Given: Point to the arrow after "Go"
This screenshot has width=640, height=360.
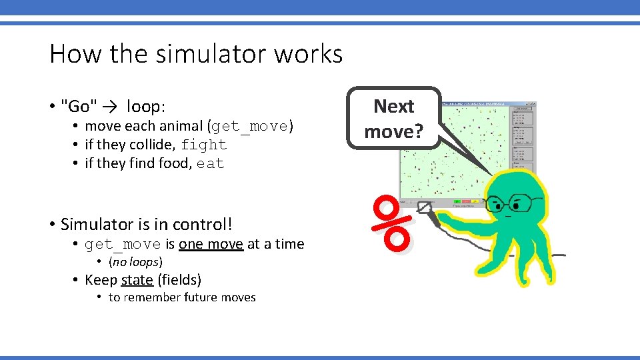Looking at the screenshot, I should pyautogui.click(x=110, y=107).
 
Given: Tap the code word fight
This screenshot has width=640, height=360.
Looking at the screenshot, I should pyautogui.click(x=203, y=145).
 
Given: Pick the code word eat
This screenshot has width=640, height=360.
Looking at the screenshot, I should pyautogui.click(x=210, y=163).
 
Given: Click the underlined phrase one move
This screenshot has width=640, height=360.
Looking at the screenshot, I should pyautogui.click(x=211, y=244).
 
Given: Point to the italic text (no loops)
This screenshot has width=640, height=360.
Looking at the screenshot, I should pyautogui.click(x=135, y=262).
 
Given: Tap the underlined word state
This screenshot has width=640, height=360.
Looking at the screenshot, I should pyautogui.click(x=137, y=280).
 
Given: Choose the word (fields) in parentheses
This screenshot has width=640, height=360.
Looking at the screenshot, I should pyautogui.click(x=179, y=280).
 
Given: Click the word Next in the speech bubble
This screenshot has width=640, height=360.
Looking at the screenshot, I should pyautogui.click(x=393, y=107).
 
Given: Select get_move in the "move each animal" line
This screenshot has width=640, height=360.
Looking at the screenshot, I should pyautogui.click(x=251, y=126).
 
